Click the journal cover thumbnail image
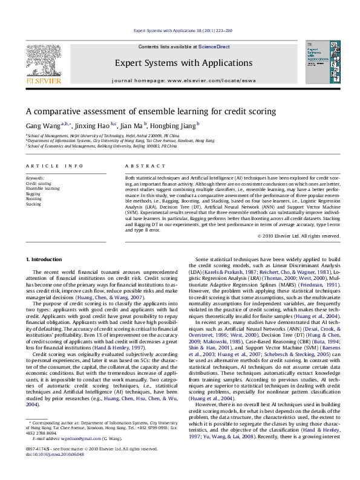(x=318, y=62)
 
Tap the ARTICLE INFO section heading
(x=54, y=165)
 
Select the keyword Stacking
(x=33, y=204)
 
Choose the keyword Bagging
(x=33, y=193)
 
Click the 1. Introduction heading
(x=44, y=259)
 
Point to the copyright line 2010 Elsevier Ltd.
(x=297, y=236)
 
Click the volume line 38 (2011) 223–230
(x=182, y=30)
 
